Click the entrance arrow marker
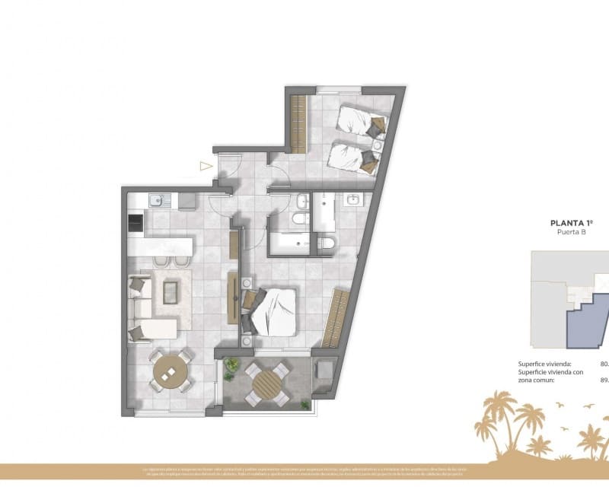pos(204,165)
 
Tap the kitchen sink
pos(156,201)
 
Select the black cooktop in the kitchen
pos(135,223)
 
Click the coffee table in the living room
pos(171,291)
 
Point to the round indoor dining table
pos(171,372)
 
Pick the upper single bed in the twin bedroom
pos(361,121)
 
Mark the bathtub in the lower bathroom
pos(289,243)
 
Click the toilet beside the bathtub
pos(325,243)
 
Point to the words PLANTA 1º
pos(571,224)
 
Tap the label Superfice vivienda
pos(544,364)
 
